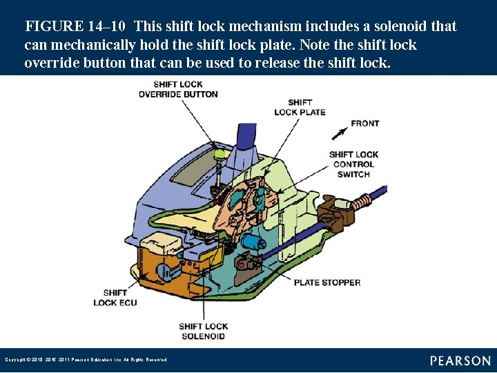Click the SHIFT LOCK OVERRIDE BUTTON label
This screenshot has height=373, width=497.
[x=178, y=89]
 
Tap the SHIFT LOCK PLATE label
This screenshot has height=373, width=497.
[x=300, y=107]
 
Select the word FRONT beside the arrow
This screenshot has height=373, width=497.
[x=365, y=123]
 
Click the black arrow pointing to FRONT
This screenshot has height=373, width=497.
[x=339, y=133]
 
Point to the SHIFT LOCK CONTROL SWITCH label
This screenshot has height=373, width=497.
[x=353, y=164]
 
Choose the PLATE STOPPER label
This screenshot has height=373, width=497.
[x=327, y=282]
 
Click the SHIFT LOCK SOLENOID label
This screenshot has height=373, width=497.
[x=203, y=331]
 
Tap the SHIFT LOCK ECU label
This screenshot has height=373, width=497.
[x=115, y=298]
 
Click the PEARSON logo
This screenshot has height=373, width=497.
[x=460, y=360]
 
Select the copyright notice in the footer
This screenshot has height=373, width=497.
[x=86, y=360]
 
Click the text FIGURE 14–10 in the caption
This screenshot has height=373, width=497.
[x=75, y=27]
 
